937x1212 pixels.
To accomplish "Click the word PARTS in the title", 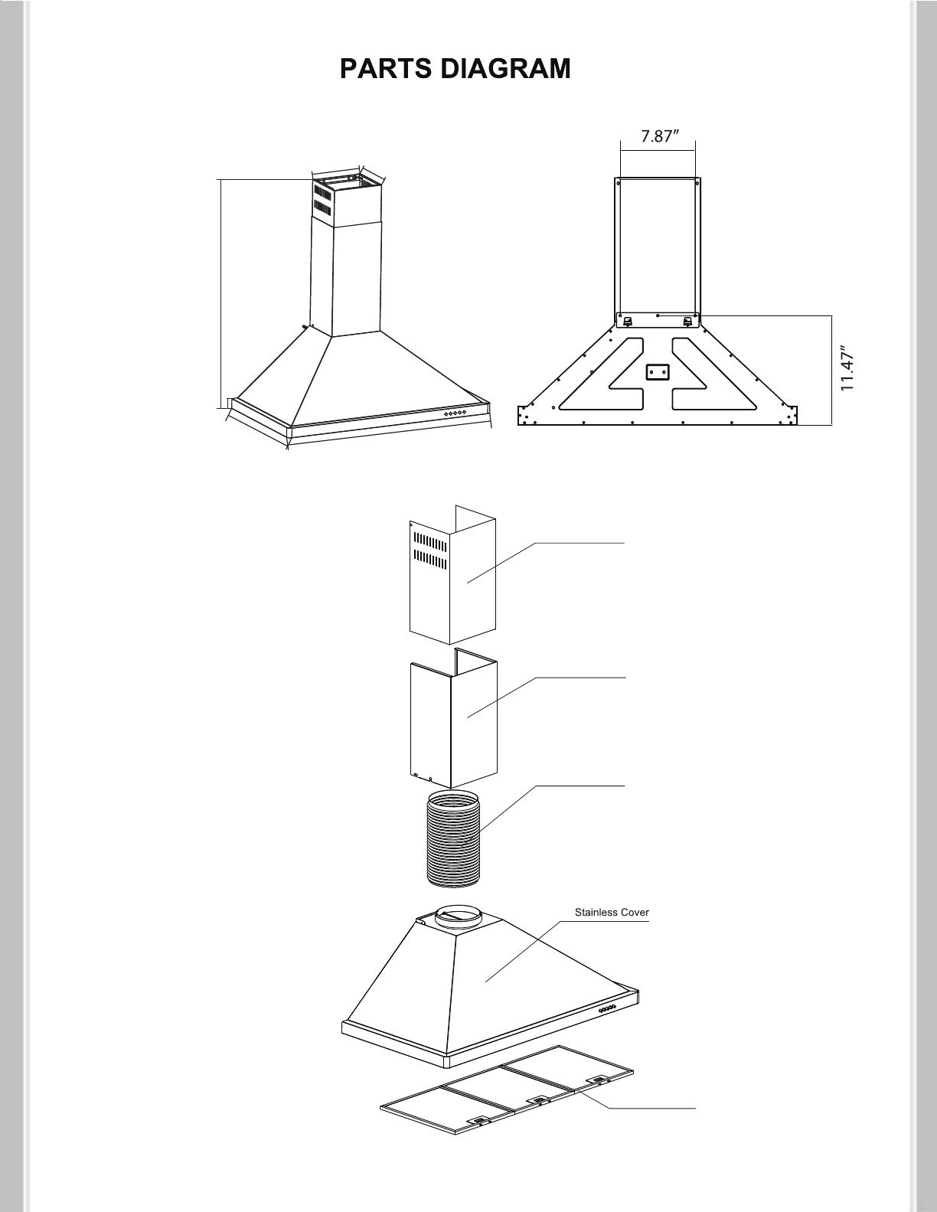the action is [x=385, y=69].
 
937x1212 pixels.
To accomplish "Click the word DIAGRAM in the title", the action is [x=505, y=69].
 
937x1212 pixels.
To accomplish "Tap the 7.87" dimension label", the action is [x=659, y=136].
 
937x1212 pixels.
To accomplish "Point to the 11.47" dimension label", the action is [x=847, y=371].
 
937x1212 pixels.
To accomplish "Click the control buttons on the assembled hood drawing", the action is [x=455, y=413].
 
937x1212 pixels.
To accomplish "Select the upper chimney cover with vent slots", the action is [x=452, y=574].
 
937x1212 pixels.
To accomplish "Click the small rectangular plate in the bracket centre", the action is [x=657, y=372].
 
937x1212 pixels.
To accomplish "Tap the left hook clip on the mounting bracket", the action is [x=628, y=322].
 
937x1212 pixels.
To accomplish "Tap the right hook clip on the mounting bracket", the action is [x=687, y=322].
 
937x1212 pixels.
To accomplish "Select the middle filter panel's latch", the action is [x=539, y=1099].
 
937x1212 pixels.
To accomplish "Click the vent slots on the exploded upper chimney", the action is [x=429, y=550].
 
